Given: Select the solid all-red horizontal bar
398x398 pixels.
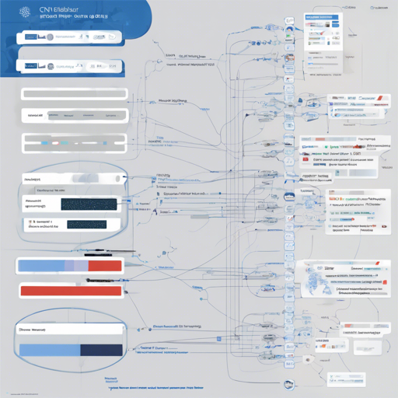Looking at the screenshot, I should click(70, 291).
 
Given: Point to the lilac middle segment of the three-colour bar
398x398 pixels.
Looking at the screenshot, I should click(77, 266).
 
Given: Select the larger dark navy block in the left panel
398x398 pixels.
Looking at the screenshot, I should click(89, 204).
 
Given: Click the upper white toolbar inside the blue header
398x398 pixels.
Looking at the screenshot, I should click(70, 36).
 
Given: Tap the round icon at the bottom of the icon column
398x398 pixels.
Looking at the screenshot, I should click(289, 384).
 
